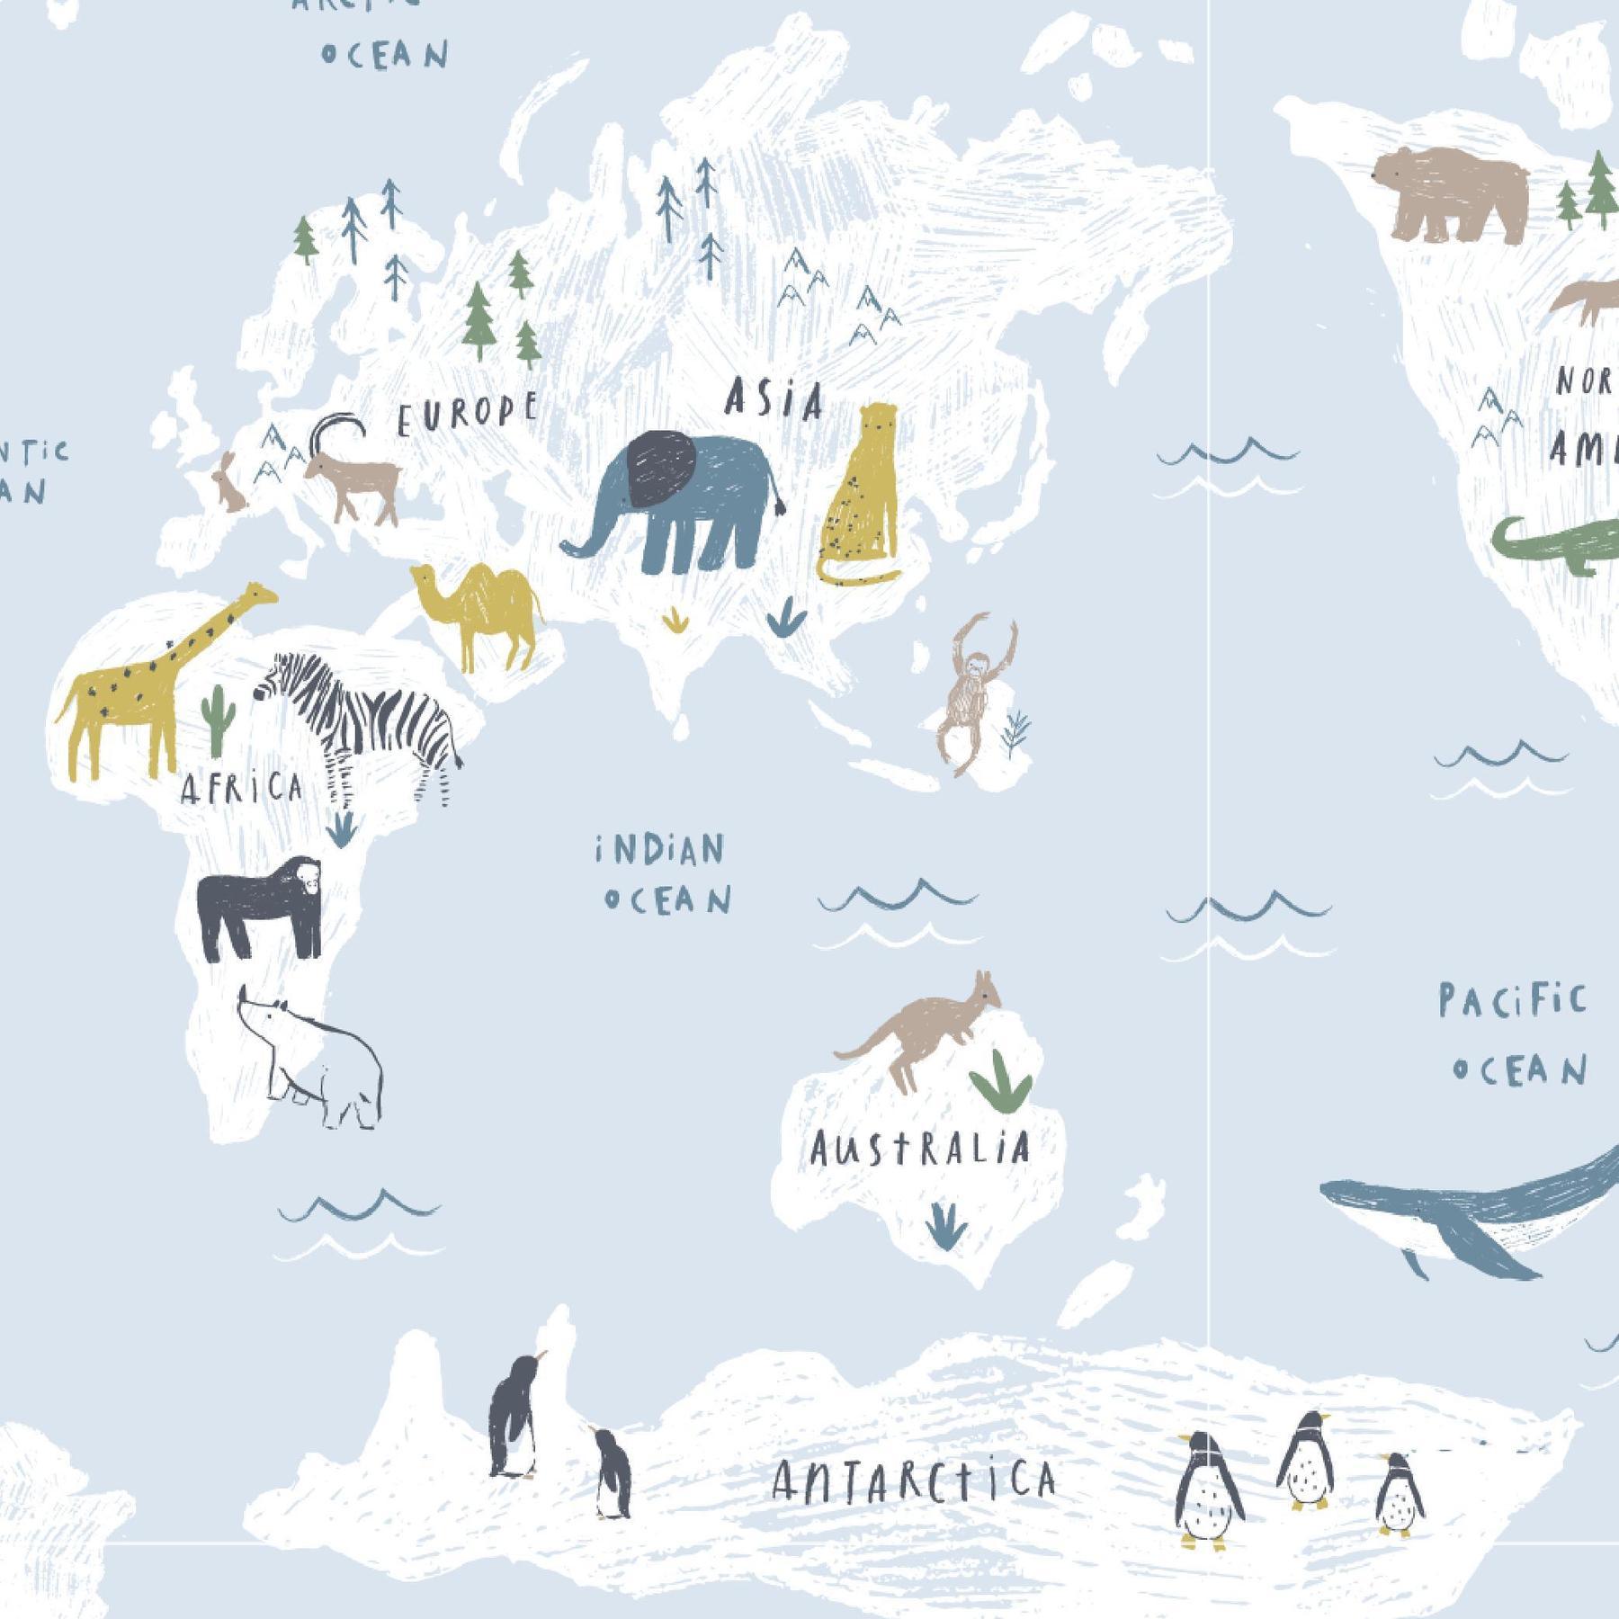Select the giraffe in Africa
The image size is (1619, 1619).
click(144, 684)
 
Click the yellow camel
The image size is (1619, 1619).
click(481, 612)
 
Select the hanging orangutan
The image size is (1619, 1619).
click(971, 693)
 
